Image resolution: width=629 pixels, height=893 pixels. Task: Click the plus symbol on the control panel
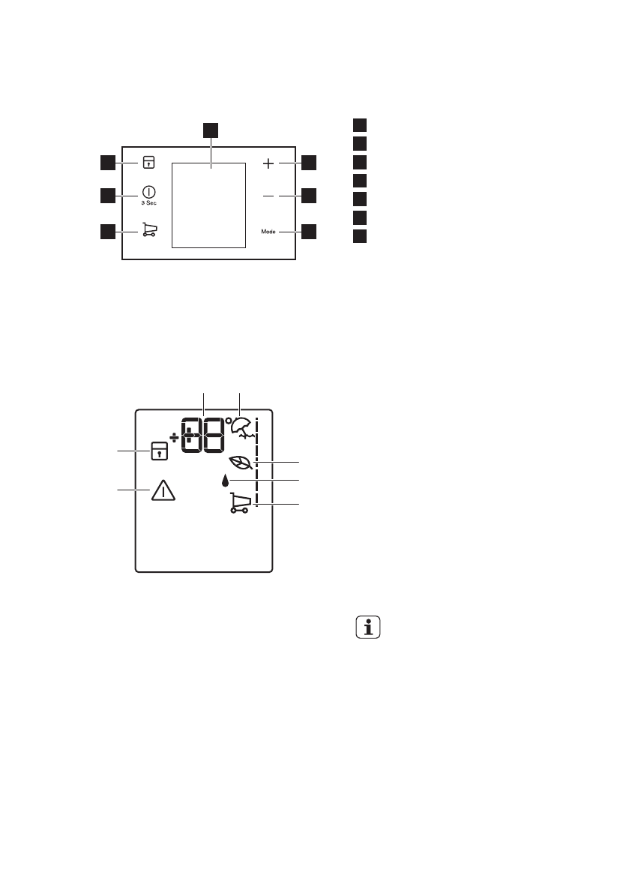270,162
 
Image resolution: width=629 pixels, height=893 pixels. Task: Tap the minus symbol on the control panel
270,196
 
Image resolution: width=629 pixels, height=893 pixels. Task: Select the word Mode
270,232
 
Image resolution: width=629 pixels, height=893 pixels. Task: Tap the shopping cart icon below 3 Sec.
148,231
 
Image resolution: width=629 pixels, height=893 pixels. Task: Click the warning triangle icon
163,490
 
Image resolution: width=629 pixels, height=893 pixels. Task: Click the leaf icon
241,463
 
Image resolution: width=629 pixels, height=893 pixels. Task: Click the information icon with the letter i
367,628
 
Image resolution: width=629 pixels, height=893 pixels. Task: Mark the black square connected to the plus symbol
310,162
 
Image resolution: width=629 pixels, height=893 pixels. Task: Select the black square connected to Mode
310,232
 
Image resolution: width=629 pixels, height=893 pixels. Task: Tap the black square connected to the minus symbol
310,196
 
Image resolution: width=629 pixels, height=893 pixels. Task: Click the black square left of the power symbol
107,196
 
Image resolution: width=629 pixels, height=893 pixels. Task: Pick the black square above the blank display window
211,129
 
